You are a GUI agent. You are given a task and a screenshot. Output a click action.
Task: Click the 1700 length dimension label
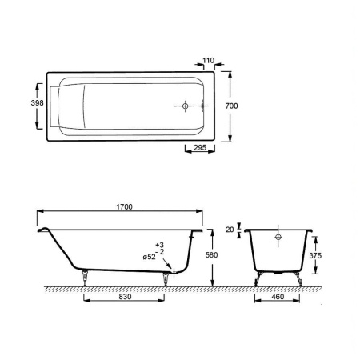124,206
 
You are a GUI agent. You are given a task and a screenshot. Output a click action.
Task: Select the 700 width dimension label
231,106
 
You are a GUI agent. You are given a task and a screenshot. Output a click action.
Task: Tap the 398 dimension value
37,103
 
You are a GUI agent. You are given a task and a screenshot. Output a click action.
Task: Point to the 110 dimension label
208,61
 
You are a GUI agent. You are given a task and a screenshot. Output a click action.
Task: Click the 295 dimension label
200,147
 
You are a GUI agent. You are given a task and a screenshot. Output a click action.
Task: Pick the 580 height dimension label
211,255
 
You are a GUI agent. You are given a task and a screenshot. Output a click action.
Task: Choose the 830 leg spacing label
125,297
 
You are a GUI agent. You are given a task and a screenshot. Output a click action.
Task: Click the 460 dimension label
278,297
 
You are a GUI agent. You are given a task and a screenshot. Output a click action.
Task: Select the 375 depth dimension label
315,255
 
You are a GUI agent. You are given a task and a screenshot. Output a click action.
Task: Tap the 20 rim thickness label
230,230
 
